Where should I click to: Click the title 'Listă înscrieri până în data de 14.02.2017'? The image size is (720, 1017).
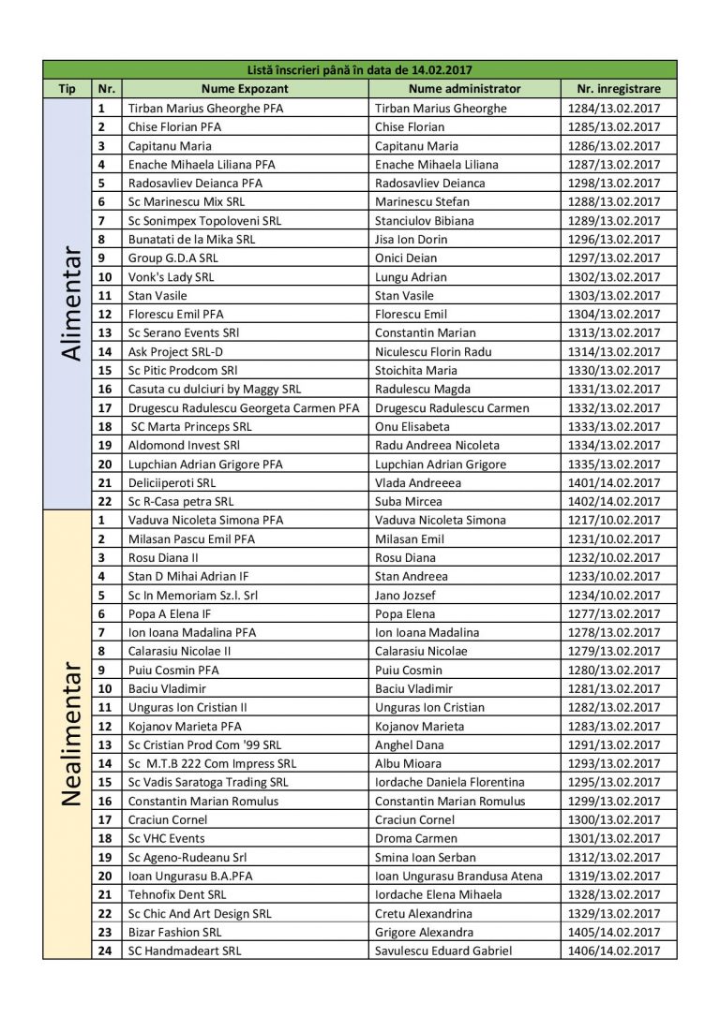(359, 69)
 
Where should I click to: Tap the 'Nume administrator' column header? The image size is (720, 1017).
(464, 89)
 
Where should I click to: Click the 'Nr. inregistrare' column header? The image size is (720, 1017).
(618, 89)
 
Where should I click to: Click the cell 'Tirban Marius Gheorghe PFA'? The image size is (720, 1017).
(205, 108)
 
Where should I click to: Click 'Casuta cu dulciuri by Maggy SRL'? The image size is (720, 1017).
(215, 389)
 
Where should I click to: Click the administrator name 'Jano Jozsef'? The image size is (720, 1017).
(405, 595)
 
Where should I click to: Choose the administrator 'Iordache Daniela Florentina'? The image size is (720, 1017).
(450, 782)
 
